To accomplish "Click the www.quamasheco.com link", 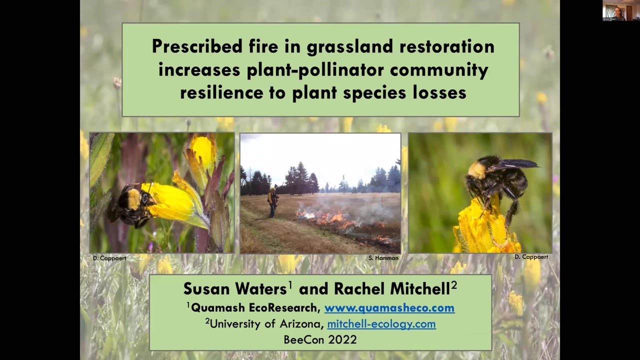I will point(389,307).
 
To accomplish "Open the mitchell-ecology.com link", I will point(381,323).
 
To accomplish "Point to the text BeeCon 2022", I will point(320,339).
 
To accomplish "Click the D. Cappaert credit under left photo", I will point(109,258).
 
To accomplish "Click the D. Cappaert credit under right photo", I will point(531,256).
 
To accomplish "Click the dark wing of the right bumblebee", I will point(515,164).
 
